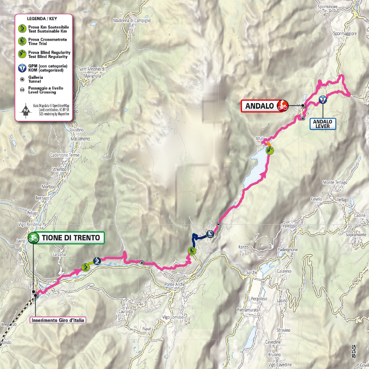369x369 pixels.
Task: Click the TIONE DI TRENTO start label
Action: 71,237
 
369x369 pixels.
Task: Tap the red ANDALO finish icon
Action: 283,105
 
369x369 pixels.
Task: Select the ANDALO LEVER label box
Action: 323,124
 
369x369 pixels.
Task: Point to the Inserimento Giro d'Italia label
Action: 58,321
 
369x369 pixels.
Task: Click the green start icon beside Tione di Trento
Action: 33,237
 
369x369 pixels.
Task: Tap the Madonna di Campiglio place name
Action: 132,20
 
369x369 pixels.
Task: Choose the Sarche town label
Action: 252,272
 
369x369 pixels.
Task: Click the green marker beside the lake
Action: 270,151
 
